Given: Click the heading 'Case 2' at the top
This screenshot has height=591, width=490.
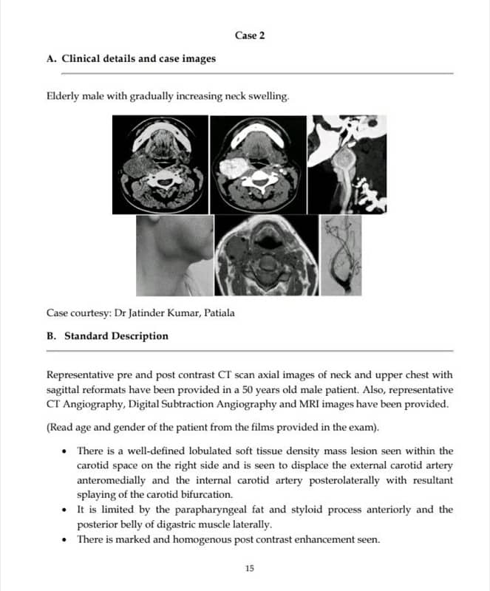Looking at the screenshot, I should coord(250,35).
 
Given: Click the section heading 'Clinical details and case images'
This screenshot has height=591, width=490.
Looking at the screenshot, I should coord(138,58).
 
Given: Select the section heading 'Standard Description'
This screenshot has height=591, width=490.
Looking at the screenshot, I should coord(116,336).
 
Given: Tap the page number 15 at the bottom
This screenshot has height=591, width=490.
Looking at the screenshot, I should coord(249,568).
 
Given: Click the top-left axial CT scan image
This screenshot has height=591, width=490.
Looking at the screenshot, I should coord(160,164).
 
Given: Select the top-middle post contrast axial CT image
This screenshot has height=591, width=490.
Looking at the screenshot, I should coord(257,164).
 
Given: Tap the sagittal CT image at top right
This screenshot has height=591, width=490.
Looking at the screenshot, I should coord(347,164).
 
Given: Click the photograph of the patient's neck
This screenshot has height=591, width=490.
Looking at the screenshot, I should coord(174,255).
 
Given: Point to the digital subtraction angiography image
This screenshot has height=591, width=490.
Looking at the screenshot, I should coord(341,255).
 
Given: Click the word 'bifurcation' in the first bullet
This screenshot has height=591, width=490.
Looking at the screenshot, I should coord(205,495).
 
